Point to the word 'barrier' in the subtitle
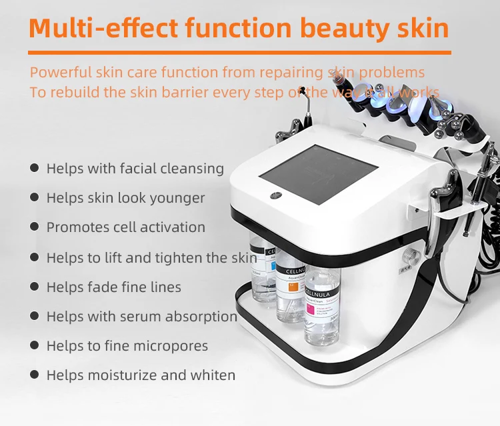[187, 92]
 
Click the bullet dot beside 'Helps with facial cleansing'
[34, 168]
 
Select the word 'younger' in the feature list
[176, 198]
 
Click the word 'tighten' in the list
[181, 257]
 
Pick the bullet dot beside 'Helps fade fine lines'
[34, 287]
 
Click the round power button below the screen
[275, 196]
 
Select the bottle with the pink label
[323, 307]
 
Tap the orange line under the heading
[240, 52]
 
